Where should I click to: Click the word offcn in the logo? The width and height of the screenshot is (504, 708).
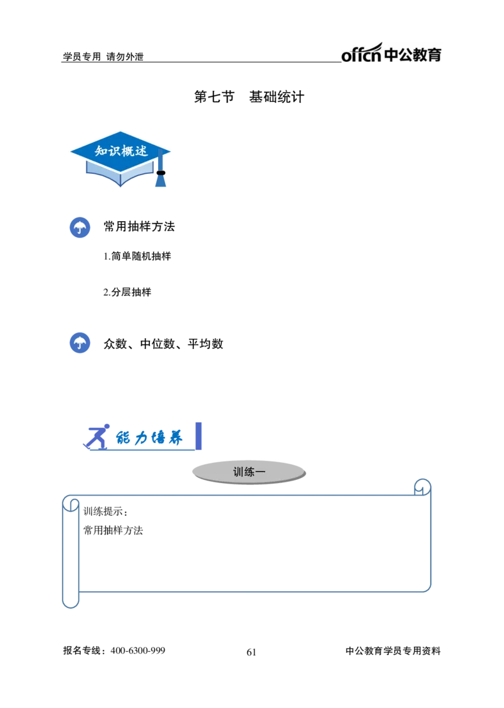[x=361, y=56]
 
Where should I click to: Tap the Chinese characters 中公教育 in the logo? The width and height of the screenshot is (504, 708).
[x=413, y=55]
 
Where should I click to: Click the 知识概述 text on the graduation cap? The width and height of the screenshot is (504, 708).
[x=121, y=151]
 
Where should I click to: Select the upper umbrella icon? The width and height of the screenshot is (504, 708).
[x=79, y=228]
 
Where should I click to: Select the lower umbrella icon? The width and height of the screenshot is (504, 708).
[x=79, y=343]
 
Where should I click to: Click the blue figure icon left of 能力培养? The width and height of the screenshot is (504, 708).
[x=96, y=436]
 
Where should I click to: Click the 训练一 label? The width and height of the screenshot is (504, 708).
[x=249, y=472]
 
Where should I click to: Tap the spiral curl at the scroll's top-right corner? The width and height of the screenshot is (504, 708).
[x=422, y=486]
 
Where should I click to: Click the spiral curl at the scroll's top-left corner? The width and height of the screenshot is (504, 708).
[x=71, y=503]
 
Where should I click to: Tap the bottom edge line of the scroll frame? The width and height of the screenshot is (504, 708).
[x=252, y=591]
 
